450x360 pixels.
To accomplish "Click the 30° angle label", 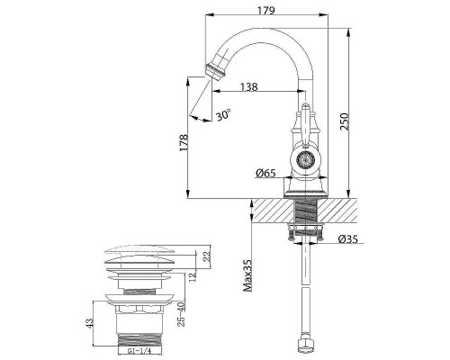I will tap(223, 115).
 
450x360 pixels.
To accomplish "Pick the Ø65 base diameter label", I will tap(265, 172).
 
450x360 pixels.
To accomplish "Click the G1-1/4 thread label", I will tap(141, 354).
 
